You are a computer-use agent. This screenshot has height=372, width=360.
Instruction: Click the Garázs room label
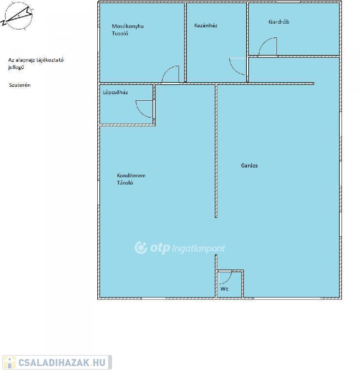click(249, 166)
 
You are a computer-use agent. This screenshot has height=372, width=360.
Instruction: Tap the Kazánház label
click(206, 25)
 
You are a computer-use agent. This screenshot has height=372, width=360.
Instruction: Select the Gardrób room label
click(279, 22)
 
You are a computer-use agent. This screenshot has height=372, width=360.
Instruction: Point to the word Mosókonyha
click(128, 26)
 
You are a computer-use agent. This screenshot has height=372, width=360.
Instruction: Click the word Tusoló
click(120, 33)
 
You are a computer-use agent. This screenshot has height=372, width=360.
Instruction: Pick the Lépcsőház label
click(115, 93)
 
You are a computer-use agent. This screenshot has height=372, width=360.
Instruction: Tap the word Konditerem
click(131, 175)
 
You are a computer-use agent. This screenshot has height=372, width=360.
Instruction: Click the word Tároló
click(125, 183)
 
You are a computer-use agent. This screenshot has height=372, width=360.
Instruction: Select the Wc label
click(224, 289)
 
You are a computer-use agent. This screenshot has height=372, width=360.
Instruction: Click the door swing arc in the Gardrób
click(264, 42)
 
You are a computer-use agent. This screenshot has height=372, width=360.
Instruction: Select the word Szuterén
click(20, 85)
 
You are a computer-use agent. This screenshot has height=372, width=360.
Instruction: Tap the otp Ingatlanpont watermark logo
click(180, 248)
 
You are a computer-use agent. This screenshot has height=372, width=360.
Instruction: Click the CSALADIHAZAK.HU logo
click(57, 362)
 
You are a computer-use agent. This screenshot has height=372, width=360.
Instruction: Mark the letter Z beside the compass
click(3, 23)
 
